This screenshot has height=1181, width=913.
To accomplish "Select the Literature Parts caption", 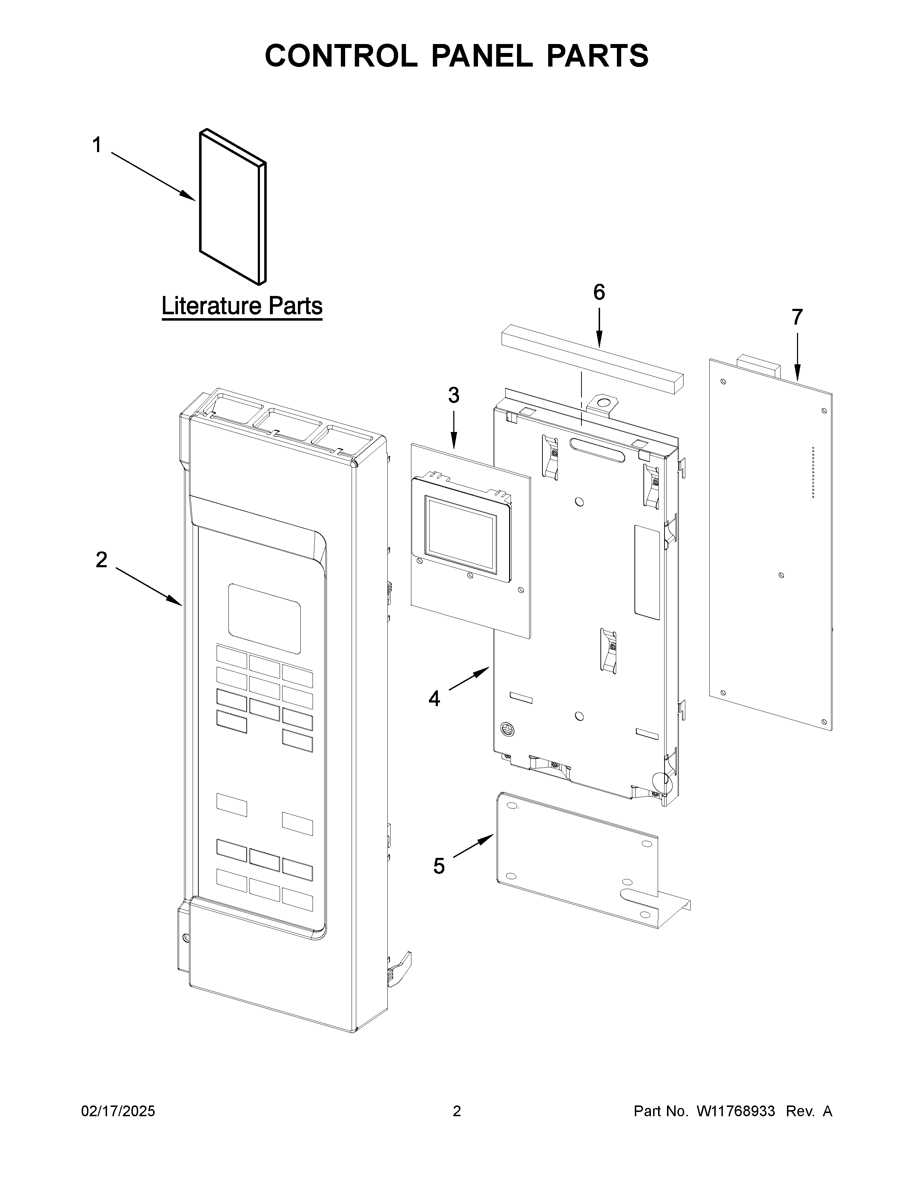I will pyautogui.click(x=242, y=306).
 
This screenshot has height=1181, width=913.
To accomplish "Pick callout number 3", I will pyautogui.click(x=453, y=395).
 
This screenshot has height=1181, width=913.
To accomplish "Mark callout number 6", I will pyautogui.click(x=599, y=292).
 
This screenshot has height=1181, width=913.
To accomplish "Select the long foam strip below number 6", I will pyautogui.click(x=592, y=360).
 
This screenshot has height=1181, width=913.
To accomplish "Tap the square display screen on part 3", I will pyautogui.click(x=460, y=534).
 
